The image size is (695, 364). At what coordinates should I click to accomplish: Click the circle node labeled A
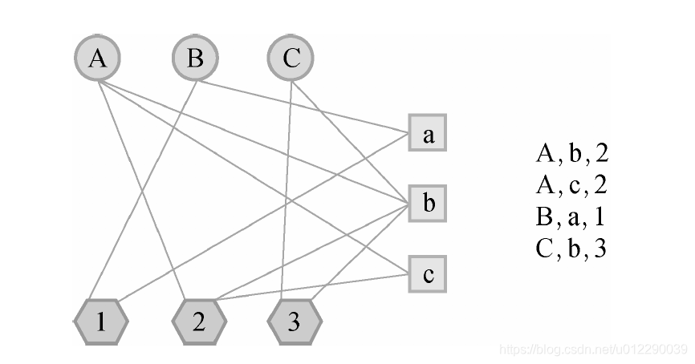coord(97,59)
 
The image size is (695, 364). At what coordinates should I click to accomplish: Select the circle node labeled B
coord(194,59)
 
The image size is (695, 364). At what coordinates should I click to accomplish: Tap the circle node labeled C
coord(291,59)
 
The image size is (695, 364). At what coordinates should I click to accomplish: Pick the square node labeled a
coord(428,134)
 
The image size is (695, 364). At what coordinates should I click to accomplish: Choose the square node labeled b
coord(428,204)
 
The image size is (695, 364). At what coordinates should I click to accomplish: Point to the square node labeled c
coord(428,274)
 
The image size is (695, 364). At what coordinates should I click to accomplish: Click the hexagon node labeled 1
coord(100,322)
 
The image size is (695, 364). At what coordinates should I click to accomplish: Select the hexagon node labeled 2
coord(199,322)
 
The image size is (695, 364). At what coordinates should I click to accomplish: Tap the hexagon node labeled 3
coord(295,322)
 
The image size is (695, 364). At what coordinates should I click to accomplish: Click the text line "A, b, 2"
coord(571,153)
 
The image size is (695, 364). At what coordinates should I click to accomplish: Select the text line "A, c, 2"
coord(571,185)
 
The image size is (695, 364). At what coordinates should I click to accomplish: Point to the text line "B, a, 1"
coord(571,217)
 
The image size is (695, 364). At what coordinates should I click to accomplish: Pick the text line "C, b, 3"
coord(571,249)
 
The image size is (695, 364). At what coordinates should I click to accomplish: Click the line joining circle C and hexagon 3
coord(290,192)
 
